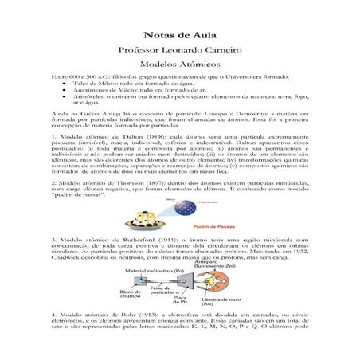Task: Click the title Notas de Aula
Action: click(179, 35)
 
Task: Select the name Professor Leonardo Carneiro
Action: click(179, 49)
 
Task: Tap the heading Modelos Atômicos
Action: click(179, 63)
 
